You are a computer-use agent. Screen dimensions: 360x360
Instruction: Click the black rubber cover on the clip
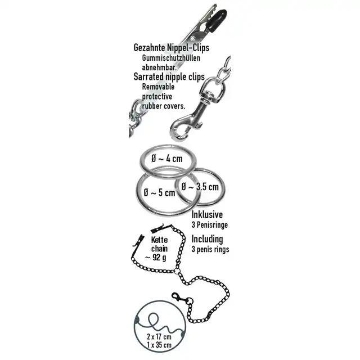[x=219, y=20]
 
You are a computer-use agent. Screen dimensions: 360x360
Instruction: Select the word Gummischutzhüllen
[x=171, y=58]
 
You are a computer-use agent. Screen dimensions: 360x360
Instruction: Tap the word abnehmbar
[x=159, y=67]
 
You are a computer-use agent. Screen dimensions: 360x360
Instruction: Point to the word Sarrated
[x=148, y=76]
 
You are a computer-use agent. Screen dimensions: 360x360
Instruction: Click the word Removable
[x=158, y=87]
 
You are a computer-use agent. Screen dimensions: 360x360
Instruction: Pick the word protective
[x=157, y=97]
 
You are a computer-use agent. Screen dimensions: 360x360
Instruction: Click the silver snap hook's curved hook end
[x=177, y=133]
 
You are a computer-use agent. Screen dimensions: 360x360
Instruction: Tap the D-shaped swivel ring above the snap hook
[x=215, y=85]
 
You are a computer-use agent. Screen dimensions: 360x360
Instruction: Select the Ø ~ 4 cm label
[x=167, y=159]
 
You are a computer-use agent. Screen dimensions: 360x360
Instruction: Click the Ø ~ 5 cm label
[x=159, y=192]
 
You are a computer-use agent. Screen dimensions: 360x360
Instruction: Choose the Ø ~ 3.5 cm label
[x=200, y=187]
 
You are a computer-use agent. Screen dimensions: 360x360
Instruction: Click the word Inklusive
[x=207, y=215]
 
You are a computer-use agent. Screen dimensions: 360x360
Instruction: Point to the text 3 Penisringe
[x=210, y=225]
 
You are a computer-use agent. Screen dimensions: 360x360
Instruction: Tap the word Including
[x=208, y=239]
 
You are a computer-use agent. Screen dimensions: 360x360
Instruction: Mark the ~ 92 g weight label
[x=155, y=258]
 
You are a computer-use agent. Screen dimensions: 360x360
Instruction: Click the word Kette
[x=159, y=240]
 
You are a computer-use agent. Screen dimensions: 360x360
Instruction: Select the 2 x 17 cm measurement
[x=159, y=337]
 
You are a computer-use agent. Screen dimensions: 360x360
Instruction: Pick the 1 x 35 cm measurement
[x=159, y=345]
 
